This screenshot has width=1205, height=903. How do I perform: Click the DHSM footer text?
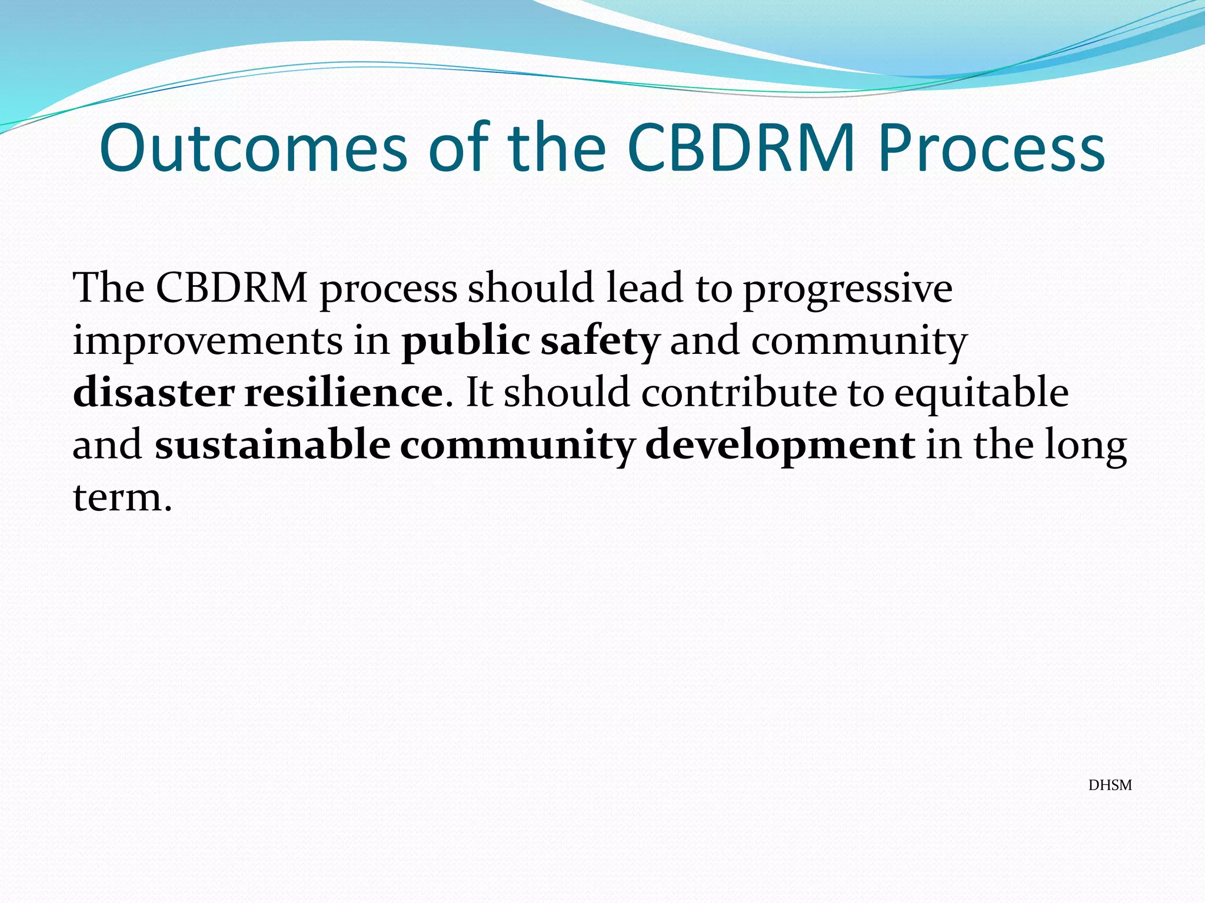tap(1110, 785)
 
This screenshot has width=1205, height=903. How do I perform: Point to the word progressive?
tap(847, 289)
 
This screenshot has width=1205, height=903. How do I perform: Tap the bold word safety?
tap(600, 341)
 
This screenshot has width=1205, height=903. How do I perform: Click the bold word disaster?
tap(154, 393)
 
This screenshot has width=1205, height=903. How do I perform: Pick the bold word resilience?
tap(344, 393)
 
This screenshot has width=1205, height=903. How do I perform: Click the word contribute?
tap(738, 393)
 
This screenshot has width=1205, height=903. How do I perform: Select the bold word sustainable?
tap(272, 445)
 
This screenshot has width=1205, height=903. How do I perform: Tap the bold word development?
tap(780, 445)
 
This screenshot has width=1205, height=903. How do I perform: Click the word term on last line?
tap(118, 497)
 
